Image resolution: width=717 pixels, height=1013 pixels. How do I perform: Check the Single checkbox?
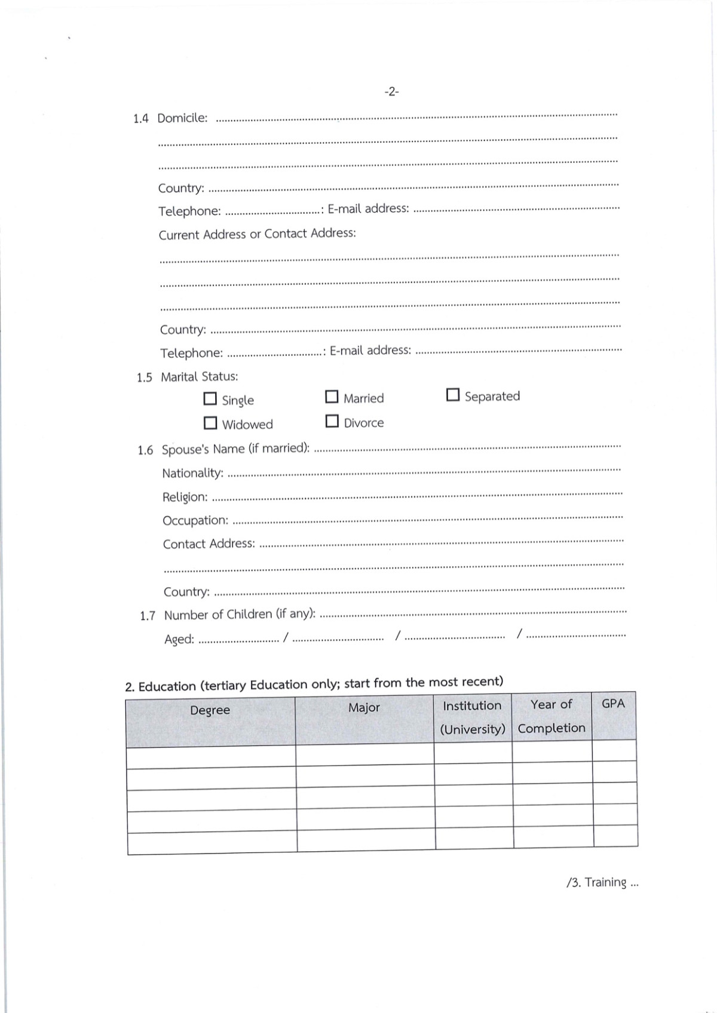pos(210,398)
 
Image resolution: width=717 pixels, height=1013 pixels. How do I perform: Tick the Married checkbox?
pos(332,397)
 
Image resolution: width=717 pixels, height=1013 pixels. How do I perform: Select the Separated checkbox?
pos(453,395)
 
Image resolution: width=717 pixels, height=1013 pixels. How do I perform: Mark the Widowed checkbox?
pos(210,423)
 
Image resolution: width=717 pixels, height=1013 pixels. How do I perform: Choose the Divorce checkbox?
pos(332,421)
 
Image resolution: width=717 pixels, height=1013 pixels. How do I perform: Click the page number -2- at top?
pos(391,92)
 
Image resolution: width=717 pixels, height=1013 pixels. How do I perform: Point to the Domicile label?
pos(182,118)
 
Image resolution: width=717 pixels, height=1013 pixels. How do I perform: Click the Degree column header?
pos(210,710)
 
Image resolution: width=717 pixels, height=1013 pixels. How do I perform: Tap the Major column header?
pos(364,708)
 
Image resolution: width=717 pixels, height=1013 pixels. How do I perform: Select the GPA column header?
pos(613,704)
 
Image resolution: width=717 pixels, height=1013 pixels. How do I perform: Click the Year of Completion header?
pos(551,716)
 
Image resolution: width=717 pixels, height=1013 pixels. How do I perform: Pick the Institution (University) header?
pos(473,717)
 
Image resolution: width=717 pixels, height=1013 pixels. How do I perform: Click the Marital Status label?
pos(199,377)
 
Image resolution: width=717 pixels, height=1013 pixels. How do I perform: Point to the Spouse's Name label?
pos(235,449)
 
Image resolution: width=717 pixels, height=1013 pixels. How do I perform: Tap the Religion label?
pos(185,497)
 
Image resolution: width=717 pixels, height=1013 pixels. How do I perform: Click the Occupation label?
pos(195,520)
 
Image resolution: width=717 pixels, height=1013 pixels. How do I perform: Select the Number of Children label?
pos(240,615)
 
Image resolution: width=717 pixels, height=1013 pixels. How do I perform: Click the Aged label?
pos(179,639)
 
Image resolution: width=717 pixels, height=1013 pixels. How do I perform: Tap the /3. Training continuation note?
pos(602,883)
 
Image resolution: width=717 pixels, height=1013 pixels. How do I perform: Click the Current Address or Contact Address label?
pos(257,234)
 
